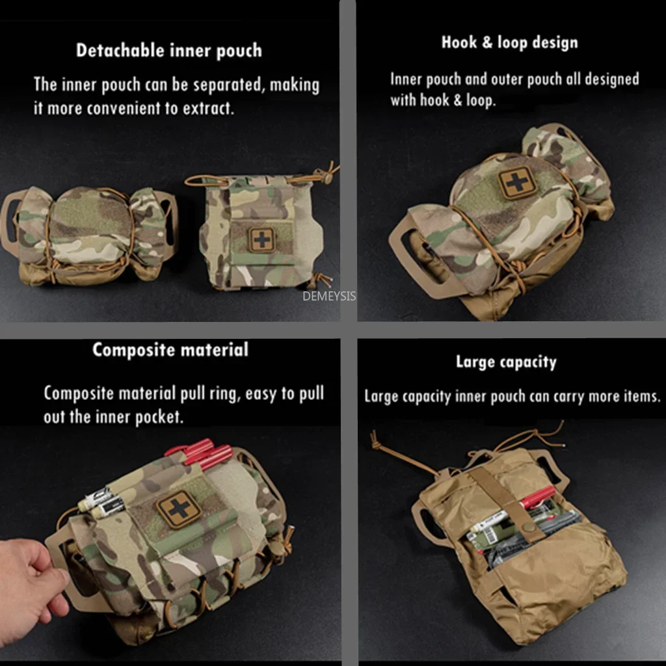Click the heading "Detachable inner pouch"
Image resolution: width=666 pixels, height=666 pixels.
tap(169, 51)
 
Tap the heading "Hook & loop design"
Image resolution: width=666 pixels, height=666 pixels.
tap(510, 42)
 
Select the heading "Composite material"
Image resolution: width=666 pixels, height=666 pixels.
tap(170, 350)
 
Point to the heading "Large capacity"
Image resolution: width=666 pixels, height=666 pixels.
tap(506, 362)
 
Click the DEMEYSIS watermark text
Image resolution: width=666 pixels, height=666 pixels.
tap(329, 296)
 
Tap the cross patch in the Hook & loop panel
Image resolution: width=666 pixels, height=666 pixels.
tap(517, 182)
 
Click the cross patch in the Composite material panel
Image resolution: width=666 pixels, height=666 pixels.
tap(180, 509)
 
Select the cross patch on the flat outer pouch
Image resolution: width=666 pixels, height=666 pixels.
tap(261, 240)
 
